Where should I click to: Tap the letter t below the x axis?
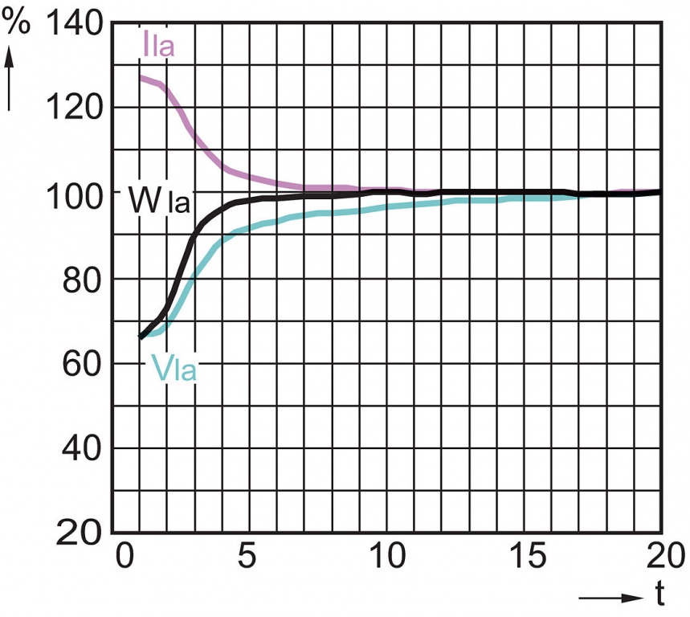coord(659,595)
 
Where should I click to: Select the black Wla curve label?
coord(158,201)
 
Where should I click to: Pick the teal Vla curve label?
coord(174,371)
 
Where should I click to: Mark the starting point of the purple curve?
coord(141,78)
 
